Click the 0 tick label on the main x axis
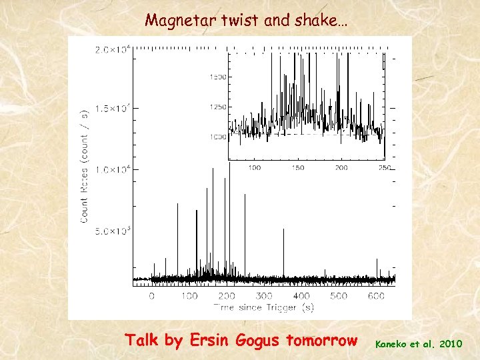152,296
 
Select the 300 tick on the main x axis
264,296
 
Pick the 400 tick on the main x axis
301,296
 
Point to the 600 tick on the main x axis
376,296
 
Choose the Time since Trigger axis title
264,307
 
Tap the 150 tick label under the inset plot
297,167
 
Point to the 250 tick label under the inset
384,167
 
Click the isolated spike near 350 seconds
284,253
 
